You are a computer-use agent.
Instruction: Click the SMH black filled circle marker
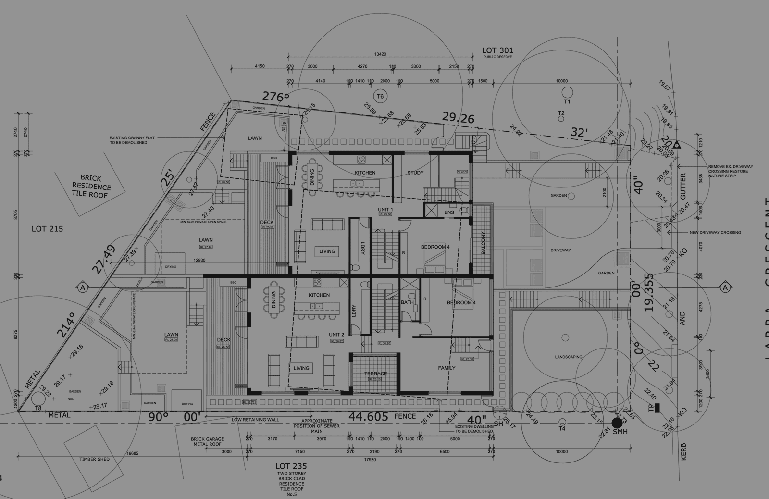[x=617, y=423]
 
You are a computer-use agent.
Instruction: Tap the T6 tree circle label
[x=380, y=96]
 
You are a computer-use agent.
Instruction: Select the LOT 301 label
[x=497, y=50]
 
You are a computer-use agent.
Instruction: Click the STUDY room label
[x=415, y=173]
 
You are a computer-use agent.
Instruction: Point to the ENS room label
[x=449, y=212]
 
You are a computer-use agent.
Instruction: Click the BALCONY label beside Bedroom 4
[x=483, y=243]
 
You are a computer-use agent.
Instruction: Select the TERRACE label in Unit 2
[x=375, y=374]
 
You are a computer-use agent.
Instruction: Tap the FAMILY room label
[x=447, y=368]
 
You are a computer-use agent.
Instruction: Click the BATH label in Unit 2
[x=407, y=302]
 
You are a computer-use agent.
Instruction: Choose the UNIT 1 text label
[x=385, y=210]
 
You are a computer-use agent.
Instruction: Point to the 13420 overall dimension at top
[x=380, y=54]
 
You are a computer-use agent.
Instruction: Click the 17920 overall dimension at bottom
[x=370, y=459]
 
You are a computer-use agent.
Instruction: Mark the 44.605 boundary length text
[x=368, y=416]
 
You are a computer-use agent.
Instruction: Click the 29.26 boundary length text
[x=458, y=117]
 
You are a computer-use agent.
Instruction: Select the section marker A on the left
[x=83, y=287]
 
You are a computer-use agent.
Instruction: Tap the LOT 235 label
[x=291, y=466]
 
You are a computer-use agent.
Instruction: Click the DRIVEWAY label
[x=560, y=250]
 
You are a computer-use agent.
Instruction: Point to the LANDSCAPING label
[x=568, y=357]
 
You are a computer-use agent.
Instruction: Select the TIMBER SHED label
[x=94, y=459]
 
